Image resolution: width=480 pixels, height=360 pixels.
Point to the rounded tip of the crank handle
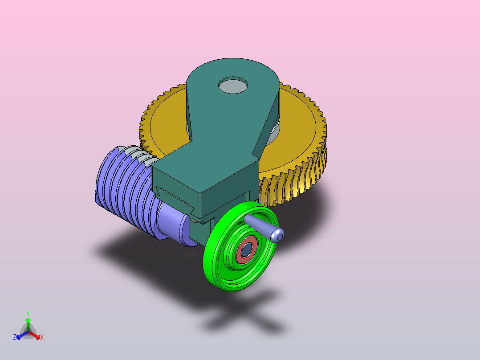[277, 235]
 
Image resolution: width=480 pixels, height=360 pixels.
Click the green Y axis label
[28, 314]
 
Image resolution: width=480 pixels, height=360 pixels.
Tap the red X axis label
[42, 337]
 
